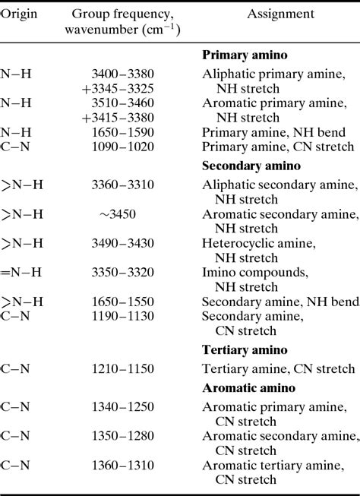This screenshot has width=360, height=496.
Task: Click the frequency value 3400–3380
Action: [x=122, y=74]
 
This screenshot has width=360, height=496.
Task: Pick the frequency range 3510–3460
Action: [x=122, y=104]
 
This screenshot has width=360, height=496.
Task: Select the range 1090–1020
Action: [x=122, y=147]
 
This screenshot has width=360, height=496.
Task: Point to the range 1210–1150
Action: [x=122, y=369]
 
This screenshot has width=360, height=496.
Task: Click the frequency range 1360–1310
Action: [x=122, y=466]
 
